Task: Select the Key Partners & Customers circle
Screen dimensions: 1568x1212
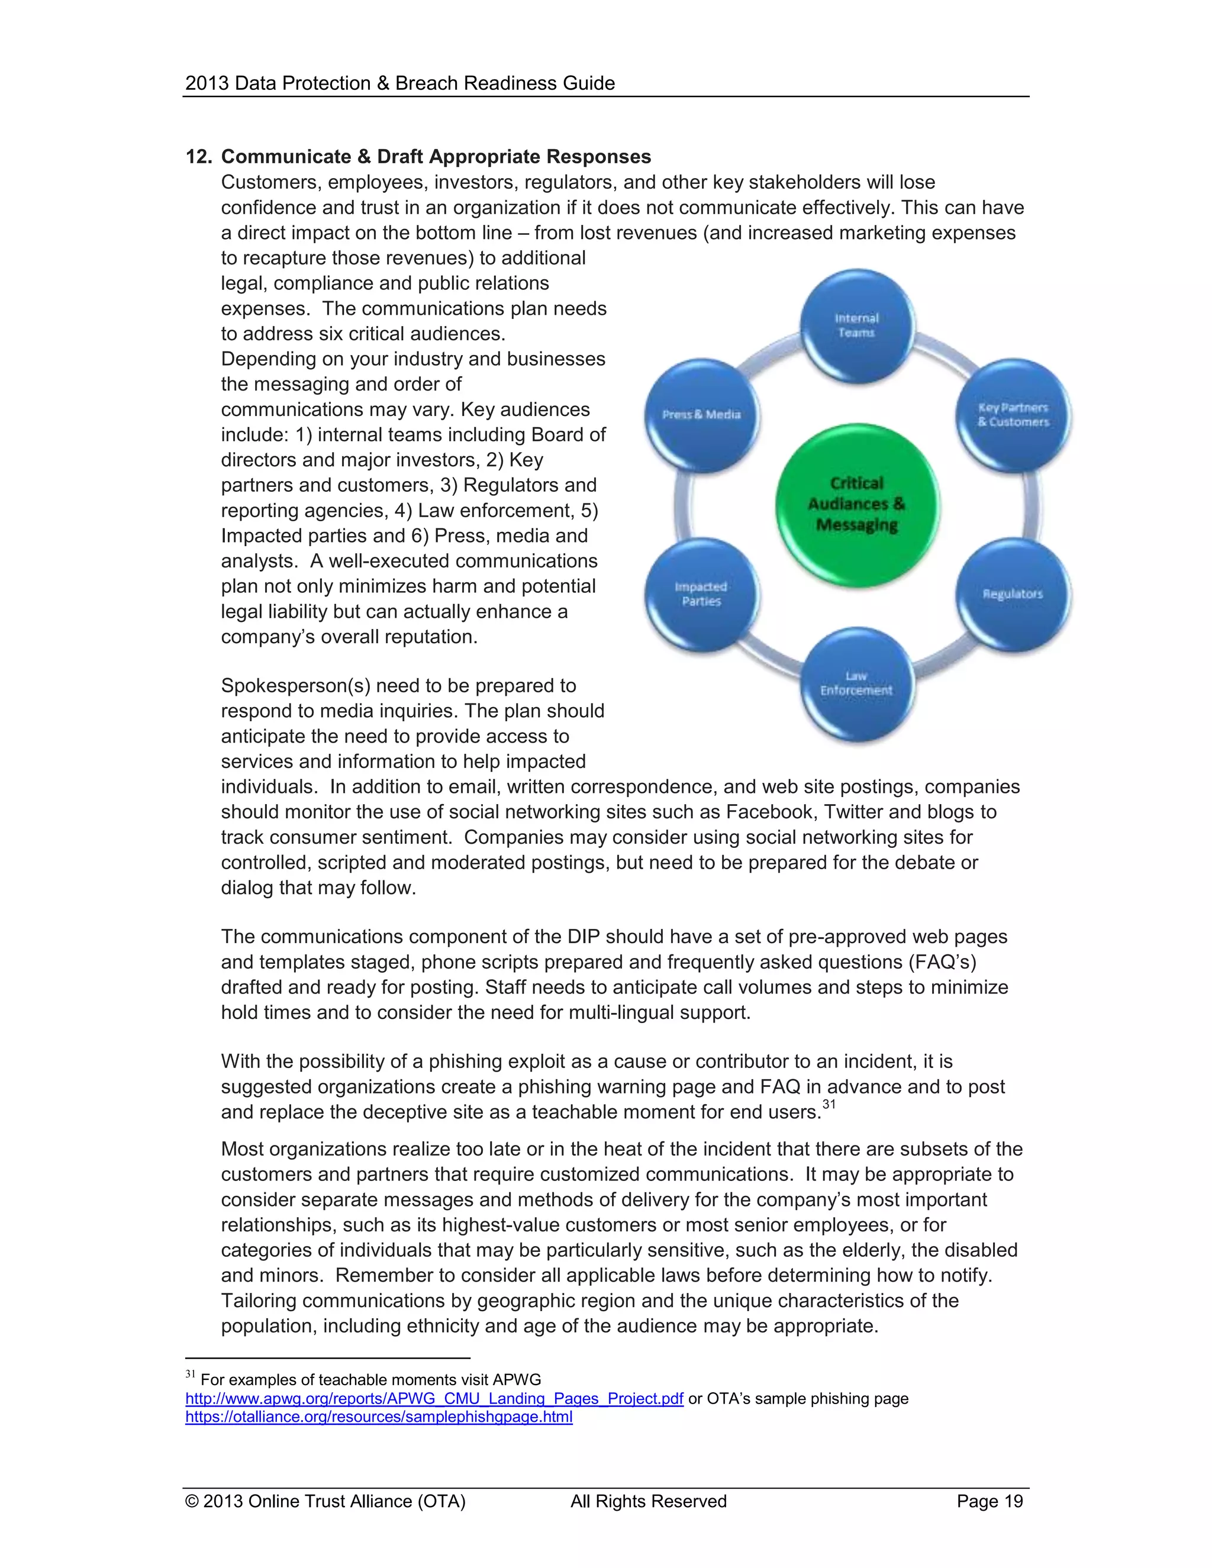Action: (x=1013, y=415)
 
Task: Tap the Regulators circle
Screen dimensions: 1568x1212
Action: (x=1013, y=595)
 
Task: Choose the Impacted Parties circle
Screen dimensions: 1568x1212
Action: (x=701, y=595)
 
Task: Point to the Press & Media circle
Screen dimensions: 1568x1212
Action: (x=701, y=415)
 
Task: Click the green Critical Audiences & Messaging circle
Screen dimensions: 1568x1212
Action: (x=856, y=504)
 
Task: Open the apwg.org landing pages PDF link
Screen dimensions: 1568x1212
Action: (x=434, y=1399)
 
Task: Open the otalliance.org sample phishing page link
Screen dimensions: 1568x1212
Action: (x=378, y=1417)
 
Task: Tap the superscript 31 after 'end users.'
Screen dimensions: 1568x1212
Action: (x=829, y=1105)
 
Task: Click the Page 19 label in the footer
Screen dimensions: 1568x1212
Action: (x=989, y=1501)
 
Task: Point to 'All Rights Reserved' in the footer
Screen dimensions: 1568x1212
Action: (x=649, y=1501)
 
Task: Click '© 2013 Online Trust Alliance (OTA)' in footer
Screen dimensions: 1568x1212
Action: (x=325, y=1501)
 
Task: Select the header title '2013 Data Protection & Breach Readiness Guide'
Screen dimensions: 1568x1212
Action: (x=400, y=83)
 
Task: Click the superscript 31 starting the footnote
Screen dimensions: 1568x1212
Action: (x=191, y=1374)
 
